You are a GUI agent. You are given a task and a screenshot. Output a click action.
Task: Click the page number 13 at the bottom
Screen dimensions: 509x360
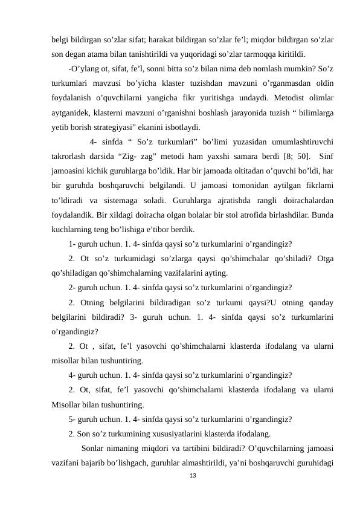(x=193, y=476)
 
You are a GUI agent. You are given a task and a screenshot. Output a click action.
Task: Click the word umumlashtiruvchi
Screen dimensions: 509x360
(x=300, y=143)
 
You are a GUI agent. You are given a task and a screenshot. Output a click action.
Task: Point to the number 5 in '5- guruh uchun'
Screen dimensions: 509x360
(x=71, y=419)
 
